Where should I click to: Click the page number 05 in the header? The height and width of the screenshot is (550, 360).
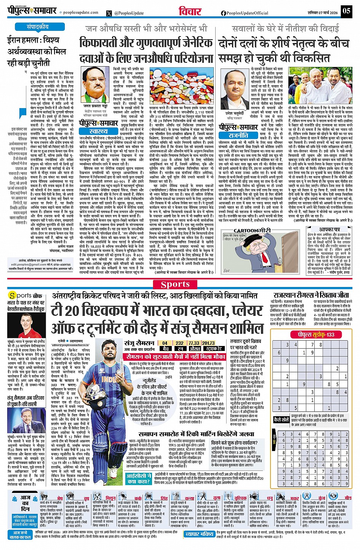click(x=346, y=10)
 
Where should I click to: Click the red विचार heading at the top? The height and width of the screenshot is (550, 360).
click(x=190, y=11)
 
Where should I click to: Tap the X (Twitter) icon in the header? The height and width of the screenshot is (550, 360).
click(x=110, y=13)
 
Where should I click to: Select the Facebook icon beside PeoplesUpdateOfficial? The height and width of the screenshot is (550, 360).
click(x=224, y=13)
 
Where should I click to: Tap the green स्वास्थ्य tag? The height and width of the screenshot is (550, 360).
click(x=98, y=131)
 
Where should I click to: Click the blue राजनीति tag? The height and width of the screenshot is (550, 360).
click(x=238, y=135)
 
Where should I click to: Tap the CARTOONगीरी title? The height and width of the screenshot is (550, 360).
click(x=252, y=231)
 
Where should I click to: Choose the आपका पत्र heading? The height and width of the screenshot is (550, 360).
click(x=329, y=230)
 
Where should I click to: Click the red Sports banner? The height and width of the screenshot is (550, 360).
click(x=175, y=284)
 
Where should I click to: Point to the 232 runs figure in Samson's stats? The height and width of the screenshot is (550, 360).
click(x=179, y=343)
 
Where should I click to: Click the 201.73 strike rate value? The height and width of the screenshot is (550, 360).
click(x=208, y=343)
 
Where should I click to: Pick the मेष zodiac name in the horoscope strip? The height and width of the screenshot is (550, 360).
click(x=60, y=498)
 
